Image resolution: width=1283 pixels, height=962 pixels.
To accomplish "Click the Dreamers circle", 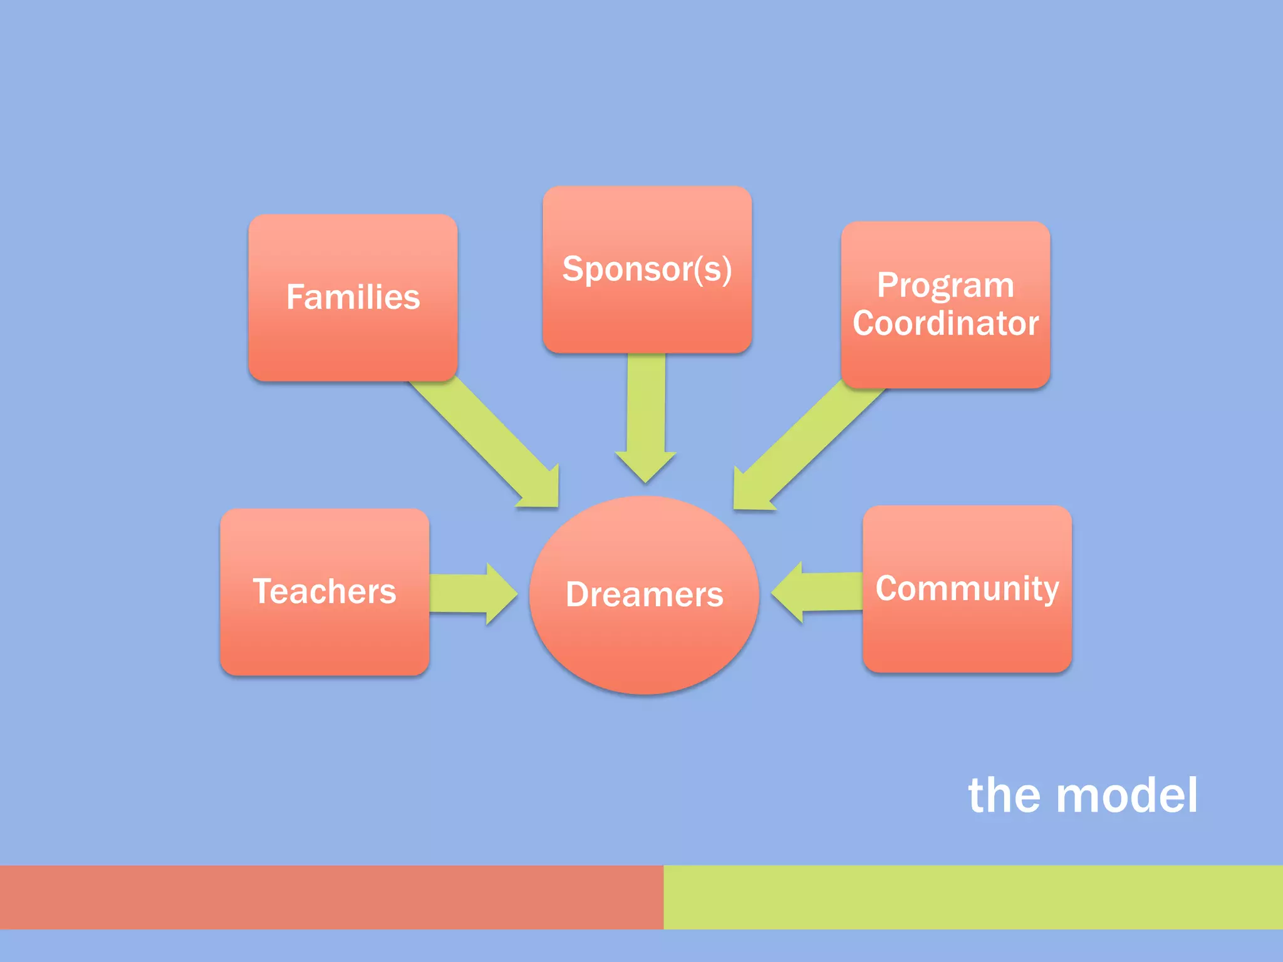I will click(x=644, y=645).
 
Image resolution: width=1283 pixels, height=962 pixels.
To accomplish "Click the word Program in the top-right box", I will click(x=945, y=286).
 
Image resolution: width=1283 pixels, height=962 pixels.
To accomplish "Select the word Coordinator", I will click(x=945, y=324).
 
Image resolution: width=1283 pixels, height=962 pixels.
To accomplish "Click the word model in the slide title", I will click(x=1127, y=795).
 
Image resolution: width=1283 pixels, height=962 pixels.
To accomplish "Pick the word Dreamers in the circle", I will click(x=644, y=594).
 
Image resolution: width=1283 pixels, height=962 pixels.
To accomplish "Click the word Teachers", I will click(x=325, y=591).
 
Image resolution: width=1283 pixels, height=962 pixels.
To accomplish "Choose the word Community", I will click(x=967, y=589).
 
